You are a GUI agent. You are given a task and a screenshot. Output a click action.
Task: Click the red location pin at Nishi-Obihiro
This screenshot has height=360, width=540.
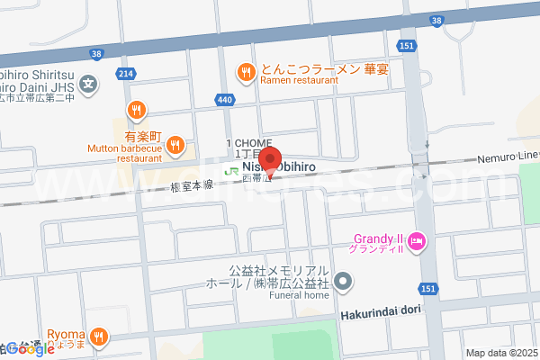(271, 157)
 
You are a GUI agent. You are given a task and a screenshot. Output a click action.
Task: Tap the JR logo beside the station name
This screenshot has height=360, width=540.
(231, 169)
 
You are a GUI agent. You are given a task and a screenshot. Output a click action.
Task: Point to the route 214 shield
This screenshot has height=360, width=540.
(126, 73)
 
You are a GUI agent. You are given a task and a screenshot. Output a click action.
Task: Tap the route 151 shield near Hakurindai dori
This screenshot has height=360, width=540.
(428, 287)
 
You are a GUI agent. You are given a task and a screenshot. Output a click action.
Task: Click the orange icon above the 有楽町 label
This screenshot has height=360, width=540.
(136, 110)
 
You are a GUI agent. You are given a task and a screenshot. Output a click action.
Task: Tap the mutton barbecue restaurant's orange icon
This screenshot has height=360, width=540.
(175, 144)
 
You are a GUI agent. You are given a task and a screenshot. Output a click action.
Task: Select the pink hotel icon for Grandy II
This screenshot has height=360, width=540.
(417, 240)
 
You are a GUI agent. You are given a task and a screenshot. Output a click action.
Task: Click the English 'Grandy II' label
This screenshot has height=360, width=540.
(376, 238)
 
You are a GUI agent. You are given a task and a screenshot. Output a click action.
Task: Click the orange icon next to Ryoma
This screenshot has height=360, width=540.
(100, 337)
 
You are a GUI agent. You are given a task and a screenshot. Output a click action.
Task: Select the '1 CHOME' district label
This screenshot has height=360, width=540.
(248, 144)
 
